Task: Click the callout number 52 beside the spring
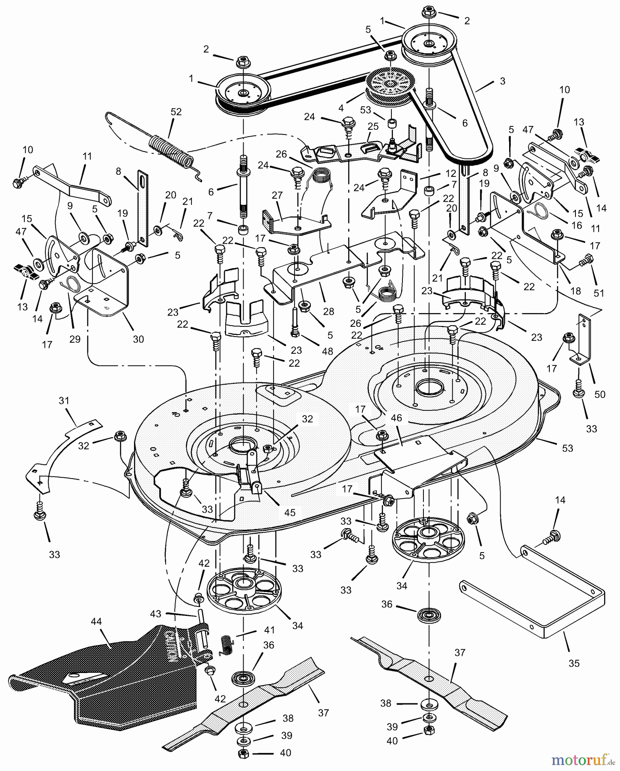pyautogui.click(x=176, y=112)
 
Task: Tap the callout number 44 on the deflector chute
pyautogui.click(x=96, y=622)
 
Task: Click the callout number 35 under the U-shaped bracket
pyautogui.click(x=574, y=663)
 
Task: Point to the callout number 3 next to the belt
pyautogui.click(x=502, y=81)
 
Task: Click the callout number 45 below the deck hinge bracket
pyautogui.click(x=290, y=512)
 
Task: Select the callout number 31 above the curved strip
pyautogui.click(x=64, y=401)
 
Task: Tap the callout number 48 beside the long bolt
pyautogui.click(x=327, y=351)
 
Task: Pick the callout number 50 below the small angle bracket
pyautogui.click(x=600, y=394)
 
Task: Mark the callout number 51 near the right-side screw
pyautogui.click(x=599, y=293)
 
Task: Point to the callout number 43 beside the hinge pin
pyautogui.click(x=155, y=614)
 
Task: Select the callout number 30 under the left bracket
pyautogui.click(x=138, y=339)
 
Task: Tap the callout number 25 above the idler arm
pyautogui.click(x=373, y=126)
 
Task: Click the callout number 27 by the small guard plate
pyautogui.click(x=277, y=195)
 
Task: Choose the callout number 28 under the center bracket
pyautogui.click(x=329, y=311)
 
